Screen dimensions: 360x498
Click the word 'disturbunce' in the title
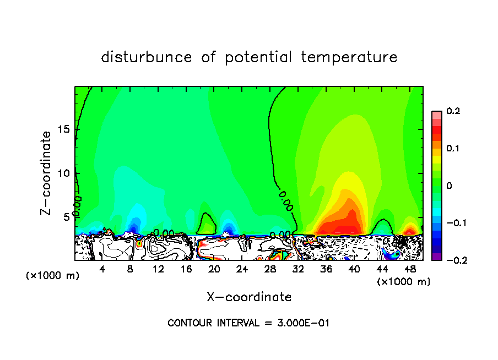pos(147,57)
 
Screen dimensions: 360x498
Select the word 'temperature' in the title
pos(349,57)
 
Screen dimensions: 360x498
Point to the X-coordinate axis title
pos(249,297)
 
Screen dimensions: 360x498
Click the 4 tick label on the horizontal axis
pos(102,269)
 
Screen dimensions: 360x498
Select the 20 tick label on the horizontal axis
pos(214,269)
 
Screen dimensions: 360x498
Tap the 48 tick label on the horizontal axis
pos(410,269)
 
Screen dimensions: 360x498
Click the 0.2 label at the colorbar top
pos(453,111)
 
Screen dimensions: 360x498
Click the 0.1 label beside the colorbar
pos(453,149)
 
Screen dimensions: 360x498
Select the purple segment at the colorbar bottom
pos(437,256)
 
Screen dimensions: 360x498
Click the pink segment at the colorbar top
pos(437,114)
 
